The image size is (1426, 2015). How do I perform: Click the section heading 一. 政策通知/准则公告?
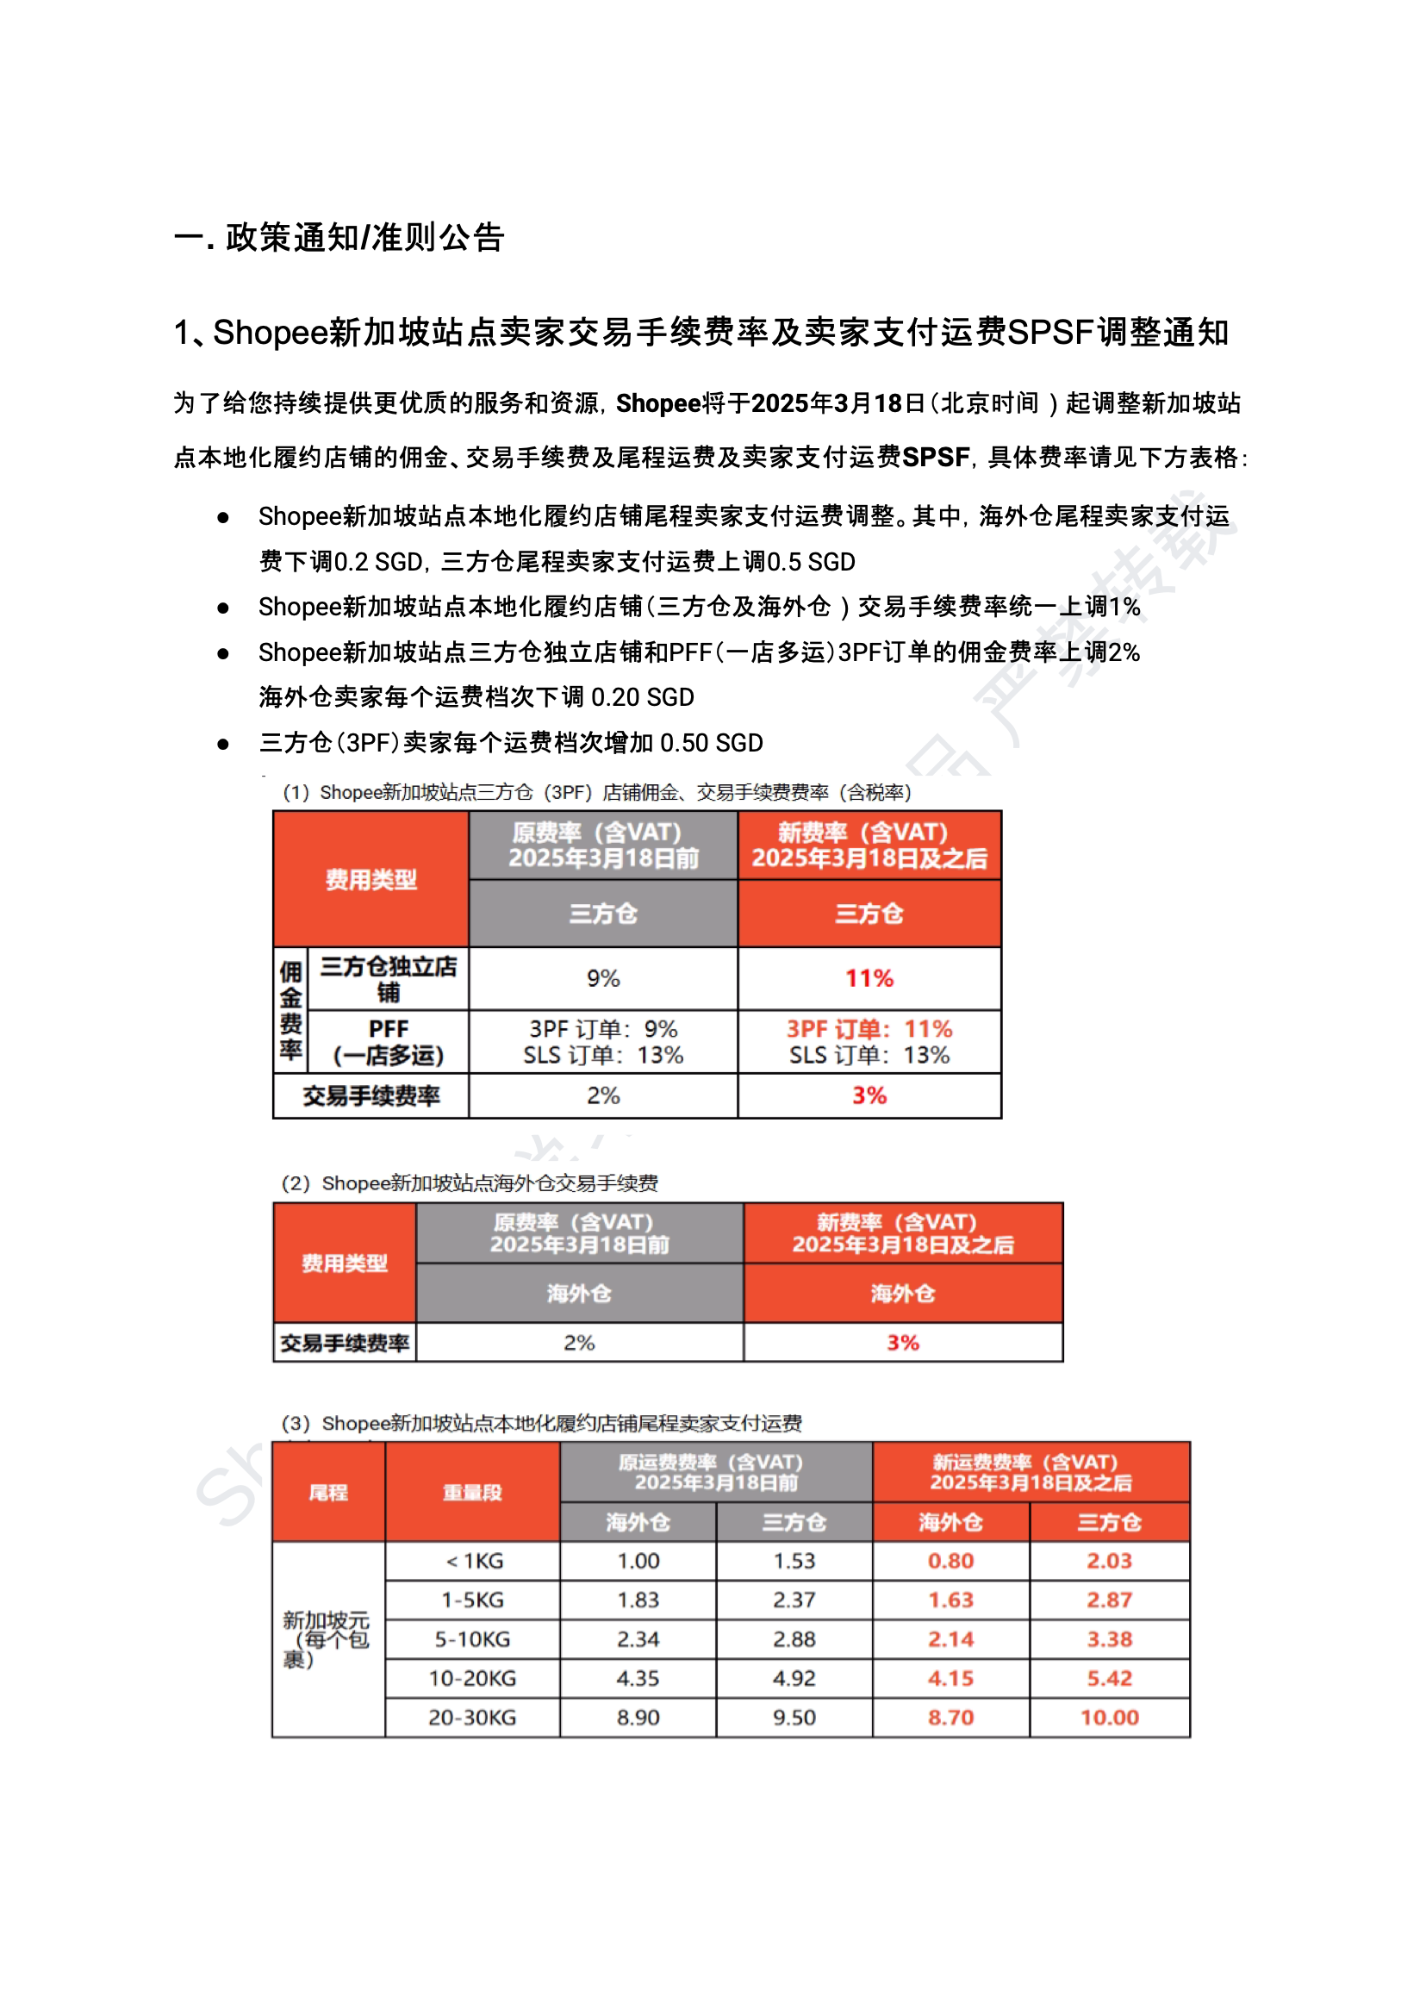tap(339, 237)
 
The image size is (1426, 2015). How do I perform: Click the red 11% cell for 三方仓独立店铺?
tap(869, 978)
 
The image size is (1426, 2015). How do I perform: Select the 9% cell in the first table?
tap(603, 978)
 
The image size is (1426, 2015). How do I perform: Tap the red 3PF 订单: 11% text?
tap(869, 1028)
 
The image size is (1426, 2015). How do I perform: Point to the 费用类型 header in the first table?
tap(371, 879)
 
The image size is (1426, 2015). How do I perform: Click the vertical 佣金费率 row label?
tap(290, 1010)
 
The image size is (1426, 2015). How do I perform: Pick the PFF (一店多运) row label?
tap(388, 1042)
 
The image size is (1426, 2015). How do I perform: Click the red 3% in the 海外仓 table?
tap(902, 1342)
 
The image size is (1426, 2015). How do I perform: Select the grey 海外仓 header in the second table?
tap(579, 1293)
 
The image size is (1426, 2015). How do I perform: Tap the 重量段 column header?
tap(471, 1493)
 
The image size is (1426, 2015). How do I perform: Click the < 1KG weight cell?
tap(473, 1561)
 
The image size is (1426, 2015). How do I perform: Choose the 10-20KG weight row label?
tap(471, 1679)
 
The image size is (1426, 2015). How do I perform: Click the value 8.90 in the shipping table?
tap(638, 1717)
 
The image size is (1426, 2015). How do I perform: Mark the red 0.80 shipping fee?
tap(950, 1561)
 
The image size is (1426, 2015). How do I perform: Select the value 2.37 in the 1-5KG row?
tap(794, 1600)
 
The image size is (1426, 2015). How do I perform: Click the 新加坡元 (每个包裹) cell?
tap(327, 1639)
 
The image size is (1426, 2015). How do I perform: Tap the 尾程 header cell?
tap(327, 1493)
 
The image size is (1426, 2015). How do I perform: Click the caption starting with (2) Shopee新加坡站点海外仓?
tap(469, 1183)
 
